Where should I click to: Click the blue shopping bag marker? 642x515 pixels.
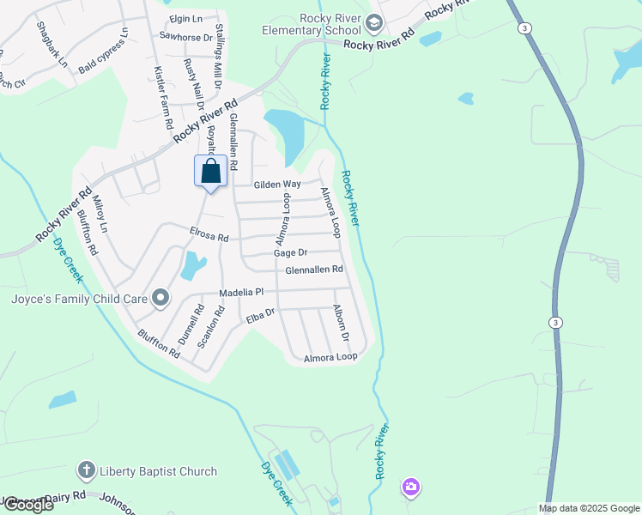pyautogui.click(x=211, y=171)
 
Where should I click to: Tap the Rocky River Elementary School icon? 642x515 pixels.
pyautogui.click(x=373, y=22)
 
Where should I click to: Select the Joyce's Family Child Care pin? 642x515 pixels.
pyautogui.click(x=160, y=299)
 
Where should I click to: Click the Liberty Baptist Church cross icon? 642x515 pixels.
pyautogui.click(x=86, y=470)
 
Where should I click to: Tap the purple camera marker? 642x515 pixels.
pyautogui.click(x=411, y=488)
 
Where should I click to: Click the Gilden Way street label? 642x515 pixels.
pyautogui.click(x=277, y=185)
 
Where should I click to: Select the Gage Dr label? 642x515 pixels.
pyautogui.click(x=290, y=253)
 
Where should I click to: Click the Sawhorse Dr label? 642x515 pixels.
pyautogui.click(x=186, y=36)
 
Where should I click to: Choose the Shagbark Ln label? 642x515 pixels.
pyautogui.click(x=51, y=45)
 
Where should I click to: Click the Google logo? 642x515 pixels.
pyautogui.click(x=28, y=504)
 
